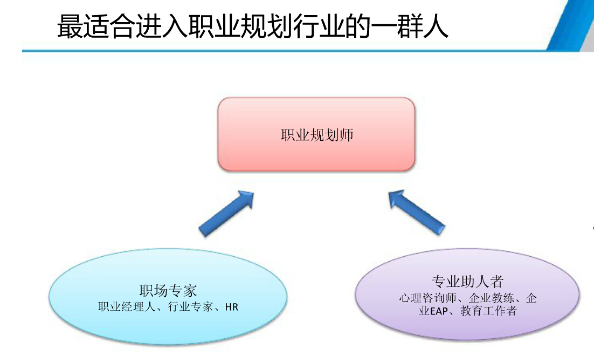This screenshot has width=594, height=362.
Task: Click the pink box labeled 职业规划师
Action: pyautogui.click(x=316, y=134)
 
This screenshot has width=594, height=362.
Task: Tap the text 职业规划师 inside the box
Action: pyautogui.click(x=317, y=135)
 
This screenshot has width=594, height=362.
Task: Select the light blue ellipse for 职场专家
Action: pyautogui.click(x=168, y=296)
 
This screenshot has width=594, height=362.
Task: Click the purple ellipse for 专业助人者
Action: pyautogui.click(x=467, y=294)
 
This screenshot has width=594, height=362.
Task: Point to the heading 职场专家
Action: pyautogui.click(x=168, y=291)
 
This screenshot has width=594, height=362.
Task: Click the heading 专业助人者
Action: pyautogui.click(x=467, y=282)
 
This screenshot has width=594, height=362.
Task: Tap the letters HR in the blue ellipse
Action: pyautogui.click(x=231, y=307)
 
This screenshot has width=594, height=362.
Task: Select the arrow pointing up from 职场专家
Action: pyautogui.click(x=226, y=214)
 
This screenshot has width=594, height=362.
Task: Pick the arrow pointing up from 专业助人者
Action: pyautogui.click(x=417, y=213)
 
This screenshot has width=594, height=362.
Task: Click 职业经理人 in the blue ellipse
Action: pyautogui.click(x=127, y=306)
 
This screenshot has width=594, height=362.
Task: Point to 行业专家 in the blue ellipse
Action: pyautogui.click(x=190, y=306)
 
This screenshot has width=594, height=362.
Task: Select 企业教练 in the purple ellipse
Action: pyautogui.click(x=491, y=298)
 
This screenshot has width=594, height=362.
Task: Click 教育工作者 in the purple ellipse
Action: pyautogui.click(x=489, y=311)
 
